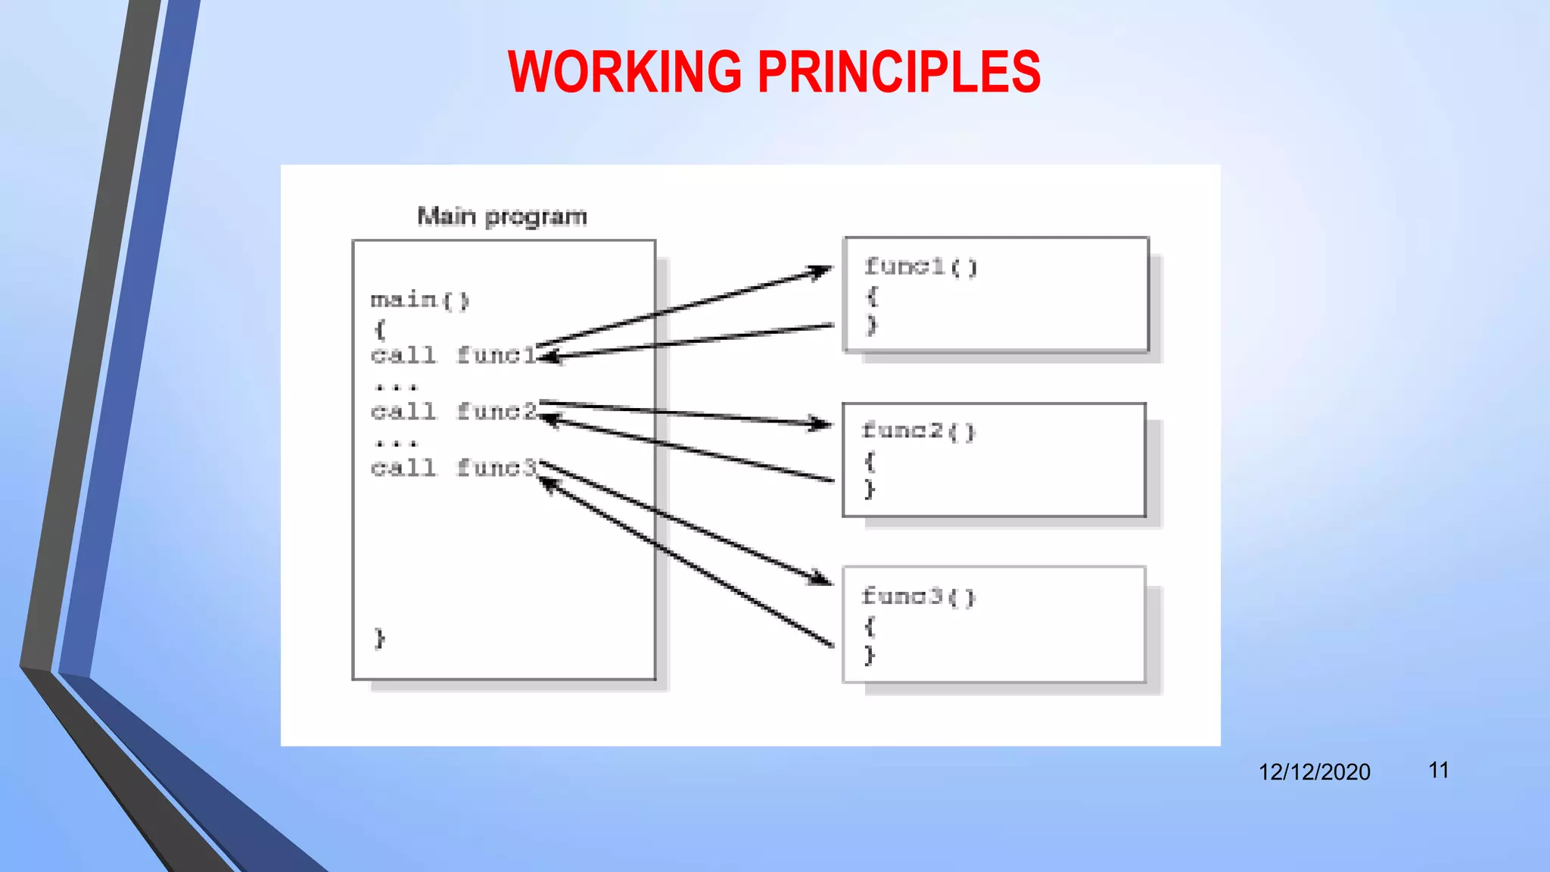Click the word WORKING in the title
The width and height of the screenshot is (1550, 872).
pos(625,72)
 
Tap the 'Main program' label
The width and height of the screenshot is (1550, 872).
pos(502,216)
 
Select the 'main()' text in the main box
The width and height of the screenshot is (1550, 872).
pos(420,301)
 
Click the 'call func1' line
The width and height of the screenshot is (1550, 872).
pos(453,355)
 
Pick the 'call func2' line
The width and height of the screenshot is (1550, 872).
pos(453,412)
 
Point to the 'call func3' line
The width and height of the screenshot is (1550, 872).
pos(453,469)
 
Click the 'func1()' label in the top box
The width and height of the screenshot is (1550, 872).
pos(921,266)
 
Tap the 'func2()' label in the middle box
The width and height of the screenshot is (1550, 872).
pos(919,431)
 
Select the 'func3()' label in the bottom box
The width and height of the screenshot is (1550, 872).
pos(919,596)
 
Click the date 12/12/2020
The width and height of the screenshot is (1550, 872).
pos(1314,772)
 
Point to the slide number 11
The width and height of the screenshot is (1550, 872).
pos(1439,771)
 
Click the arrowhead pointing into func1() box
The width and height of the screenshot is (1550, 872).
pos(822,270)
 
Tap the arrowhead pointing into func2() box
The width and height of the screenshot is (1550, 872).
pos(822,424)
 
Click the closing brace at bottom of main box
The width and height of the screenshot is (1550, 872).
pos(380,638)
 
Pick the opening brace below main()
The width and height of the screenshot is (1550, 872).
pos(380,329)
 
